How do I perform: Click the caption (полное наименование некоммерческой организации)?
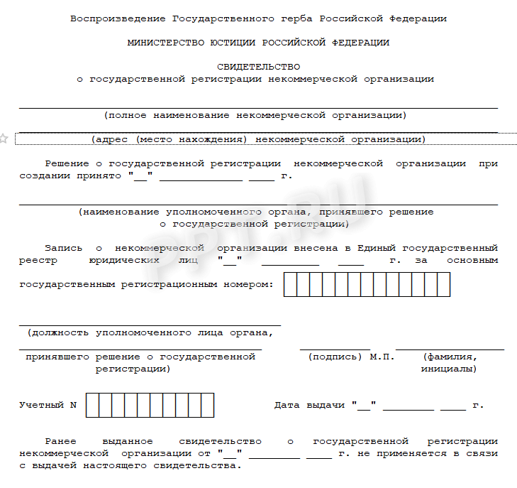[255, 114]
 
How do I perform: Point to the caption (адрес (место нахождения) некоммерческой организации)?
[258, 139]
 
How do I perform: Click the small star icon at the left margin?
[4, 138]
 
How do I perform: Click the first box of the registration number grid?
[290, 284]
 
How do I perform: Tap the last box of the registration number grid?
[444, 284]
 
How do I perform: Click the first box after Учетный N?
[91, 405]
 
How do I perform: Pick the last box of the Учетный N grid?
[207, 405]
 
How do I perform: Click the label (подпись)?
[335, 357]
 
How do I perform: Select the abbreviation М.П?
[382, 357]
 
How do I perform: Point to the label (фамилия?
[450, 357]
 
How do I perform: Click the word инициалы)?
[448, 369]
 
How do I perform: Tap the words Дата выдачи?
[310, 405]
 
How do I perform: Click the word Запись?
[63, 248]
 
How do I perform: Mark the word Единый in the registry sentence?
[377, 248]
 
